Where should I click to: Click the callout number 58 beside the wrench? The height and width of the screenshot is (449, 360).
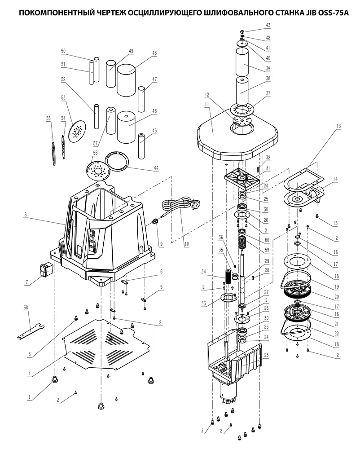(26, 307)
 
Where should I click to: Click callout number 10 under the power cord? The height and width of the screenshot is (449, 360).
(187, 244)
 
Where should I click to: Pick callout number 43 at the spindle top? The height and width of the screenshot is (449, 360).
(268, 25)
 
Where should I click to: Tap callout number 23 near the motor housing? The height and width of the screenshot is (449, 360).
(267, 355)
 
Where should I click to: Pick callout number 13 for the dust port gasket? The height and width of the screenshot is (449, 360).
(338, 126)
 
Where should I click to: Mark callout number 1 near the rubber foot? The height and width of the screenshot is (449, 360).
(29, 397)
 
